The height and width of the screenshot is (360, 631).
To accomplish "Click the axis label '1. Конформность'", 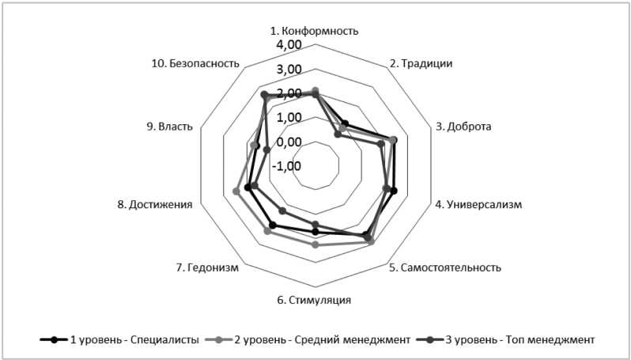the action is pos(315,31).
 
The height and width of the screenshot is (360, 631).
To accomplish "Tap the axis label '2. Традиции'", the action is pos(421,63).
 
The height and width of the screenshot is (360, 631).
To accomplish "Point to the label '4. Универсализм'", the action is pos(479,205).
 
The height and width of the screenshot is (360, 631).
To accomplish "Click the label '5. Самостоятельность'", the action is pos(445,267).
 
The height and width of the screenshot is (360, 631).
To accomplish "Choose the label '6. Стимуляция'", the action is pos(315,300).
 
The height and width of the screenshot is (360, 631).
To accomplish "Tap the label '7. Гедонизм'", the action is pos(207,267).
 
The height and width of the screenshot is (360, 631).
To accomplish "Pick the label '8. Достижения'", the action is pos(155,205).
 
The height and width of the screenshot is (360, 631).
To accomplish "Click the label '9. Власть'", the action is pos(169,126).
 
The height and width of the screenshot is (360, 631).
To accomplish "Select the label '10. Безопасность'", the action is pos(204,63).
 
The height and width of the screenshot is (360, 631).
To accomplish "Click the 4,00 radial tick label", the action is pos(289,45).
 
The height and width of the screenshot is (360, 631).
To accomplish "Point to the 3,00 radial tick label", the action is pos(289,70).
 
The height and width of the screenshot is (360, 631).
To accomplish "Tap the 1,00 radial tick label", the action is pos(289,118).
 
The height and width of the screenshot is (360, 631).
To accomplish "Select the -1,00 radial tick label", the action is pos(287,166).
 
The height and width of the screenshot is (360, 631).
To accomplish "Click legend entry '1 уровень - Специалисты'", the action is pos(119,339).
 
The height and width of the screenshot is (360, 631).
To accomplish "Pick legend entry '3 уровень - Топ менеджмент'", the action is pos(506,339).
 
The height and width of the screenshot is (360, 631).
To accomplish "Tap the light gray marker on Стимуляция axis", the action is pos(315,244).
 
